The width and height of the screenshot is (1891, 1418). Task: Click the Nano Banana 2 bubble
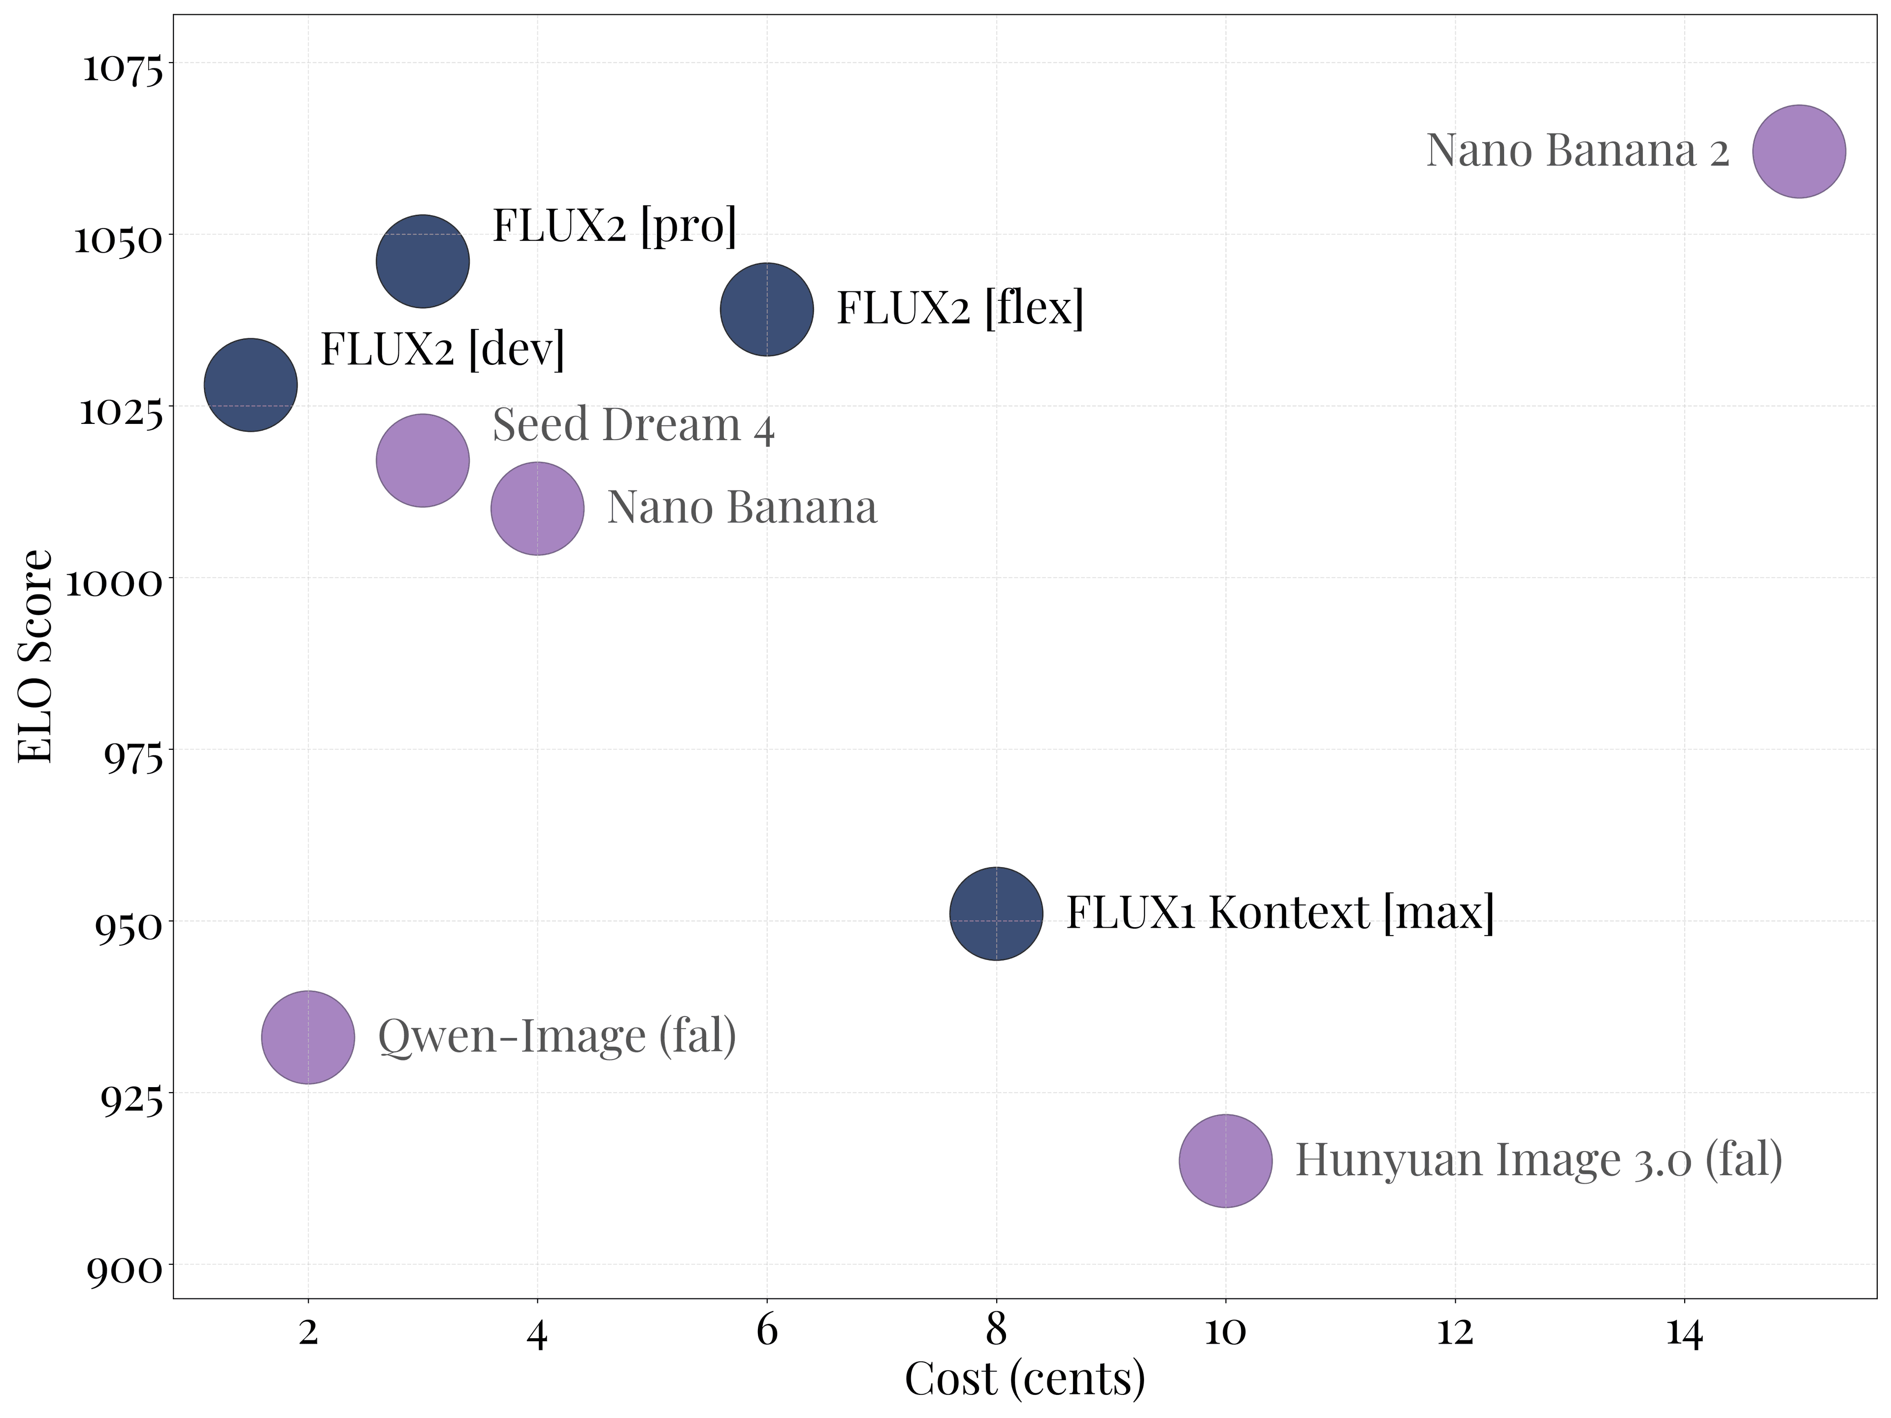1799,151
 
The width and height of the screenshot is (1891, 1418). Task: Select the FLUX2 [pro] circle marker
423,260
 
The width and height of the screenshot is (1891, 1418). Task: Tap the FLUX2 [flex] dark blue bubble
767,309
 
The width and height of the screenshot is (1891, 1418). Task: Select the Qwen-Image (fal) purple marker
308,1037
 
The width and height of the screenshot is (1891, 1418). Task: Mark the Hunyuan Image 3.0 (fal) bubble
1225,1160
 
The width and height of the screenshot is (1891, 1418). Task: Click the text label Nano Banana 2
1577,151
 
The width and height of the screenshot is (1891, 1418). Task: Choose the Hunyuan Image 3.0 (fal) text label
1539,1160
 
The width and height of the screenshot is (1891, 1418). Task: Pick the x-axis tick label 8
996,1331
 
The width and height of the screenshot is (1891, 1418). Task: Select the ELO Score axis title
36,656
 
